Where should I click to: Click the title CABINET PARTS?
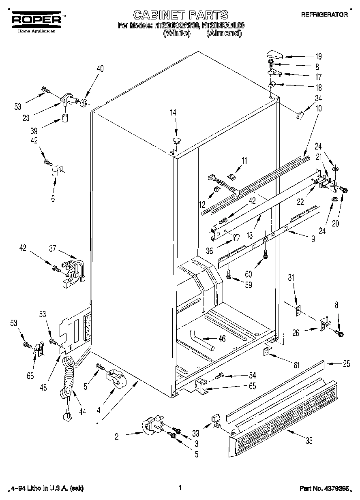(x=180, y=15)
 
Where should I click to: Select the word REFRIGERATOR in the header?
(x=324, y=14)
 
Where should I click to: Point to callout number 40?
(x=100, y=68)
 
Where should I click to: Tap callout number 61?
(x=296, y=365)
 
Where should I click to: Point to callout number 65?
(x=252, y=386)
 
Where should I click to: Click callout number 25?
(x=346, y=363)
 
